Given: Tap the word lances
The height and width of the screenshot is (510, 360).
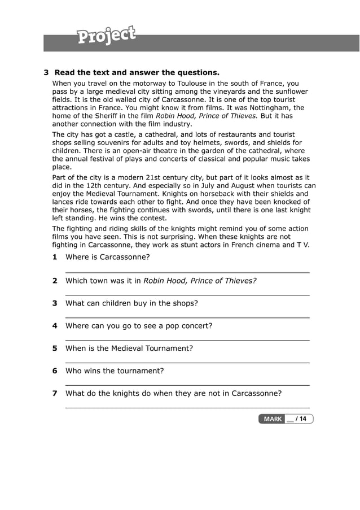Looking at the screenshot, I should tap(64, 202).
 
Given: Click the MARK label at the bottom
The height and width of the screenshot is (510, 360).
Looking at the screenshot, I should tap(273, 419).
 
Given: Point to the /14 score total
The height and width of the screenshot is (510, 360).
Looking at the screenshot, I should tap(301, 419).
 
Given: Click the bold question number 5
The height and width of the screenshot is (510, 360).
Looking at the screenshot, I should tap(55, 348).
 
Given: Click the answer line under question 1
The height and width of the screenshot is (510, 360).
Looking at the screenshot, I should tap(187, 272).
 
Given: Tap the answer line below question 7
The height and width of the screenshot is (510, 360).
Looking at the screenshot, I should tap(187, 407).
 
